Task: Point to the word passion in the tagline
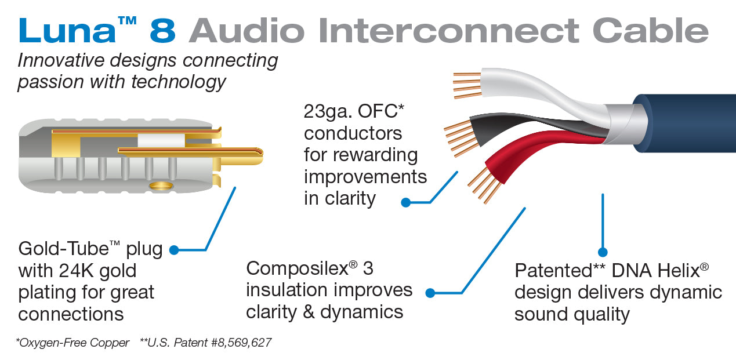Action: pyautogui.click(x=50, y=81)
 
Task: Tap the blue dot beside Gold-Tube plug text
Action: pyautogui.click(x=174, y=250)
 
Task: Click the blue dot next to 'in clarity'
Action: pyautogui.click(x=406, y=202)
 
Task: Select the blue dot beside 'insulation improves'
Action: pyautogui.click(x=430, y=293)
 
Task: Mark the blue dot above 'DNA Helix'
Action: pyautogui.click(x=603, y=252)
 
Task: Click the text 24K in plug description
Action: pyautogui.click(x=78, y=271)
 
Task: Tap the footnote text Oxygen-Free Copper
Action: pyautogui.click(x=73, y=343)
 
